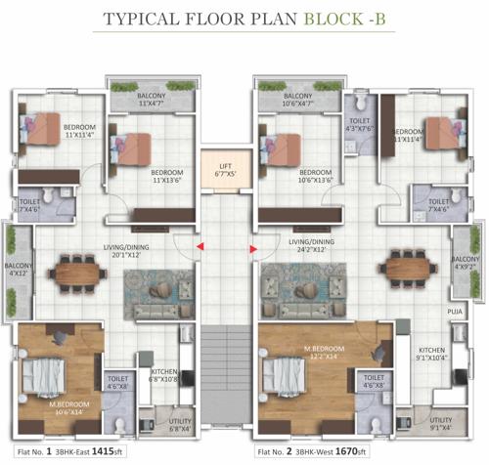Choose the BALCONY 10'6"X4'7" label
(285, 97)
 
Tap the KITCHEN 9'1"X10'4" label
(431, 354)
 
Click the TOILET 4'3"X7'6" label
(357, 124)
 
